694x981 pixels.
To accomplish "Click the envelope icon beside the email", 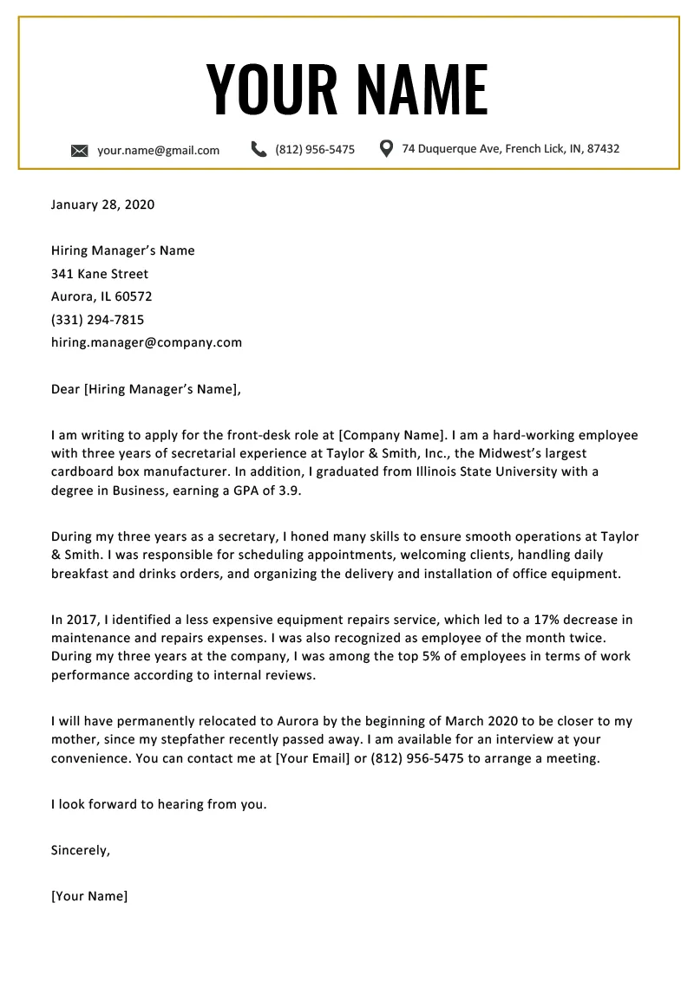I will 80,151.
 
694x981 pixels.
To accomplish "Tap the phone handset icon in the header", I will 259,149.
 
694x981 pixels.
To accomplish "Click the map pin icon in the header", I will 387,148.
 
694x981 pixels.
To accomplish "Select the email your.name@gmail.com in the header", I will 159,150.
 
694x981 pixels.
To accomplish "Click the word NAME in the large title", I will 422,90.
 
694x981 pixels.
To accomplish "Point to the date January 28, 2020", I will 102,205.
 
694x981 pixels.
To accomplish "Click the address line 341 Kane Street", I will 100,274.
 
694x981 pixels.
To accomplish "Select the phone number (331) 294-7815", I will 98,320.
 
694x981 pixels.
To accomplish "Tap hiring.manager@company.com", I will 147,342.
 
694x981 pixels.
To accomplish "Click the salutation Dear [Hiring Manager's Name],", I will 146,389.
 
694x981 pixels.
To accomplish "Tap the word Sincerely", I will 80,850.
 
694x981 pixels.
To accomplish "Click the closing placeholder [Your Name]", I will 89,896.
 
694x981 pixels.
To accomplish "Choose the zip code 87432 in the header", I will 603,149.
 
